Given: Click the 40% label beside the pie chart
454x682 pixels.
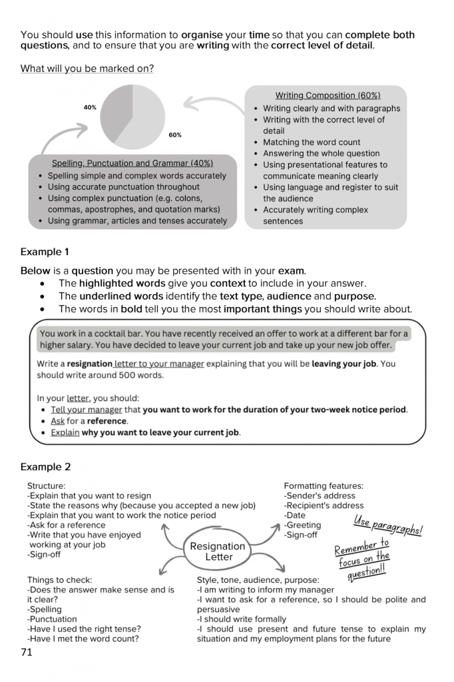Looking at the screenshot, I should (90, 107).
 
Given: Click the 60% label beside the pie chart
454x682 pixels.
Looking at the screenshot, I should (175, 135).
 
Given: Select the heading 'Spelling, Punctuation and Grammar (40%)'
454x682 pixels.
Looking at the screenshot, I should (132, 164).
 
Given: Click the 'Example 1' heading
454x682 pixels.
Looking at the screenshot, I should (45, 252).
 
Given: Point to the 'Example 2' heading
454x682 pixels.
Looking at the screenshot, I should (45, 467).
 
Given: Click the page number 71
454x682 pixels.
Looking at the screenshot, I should (27, 652).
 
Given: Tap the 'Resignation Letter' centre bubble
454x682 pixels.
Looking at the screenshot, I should (218, 551).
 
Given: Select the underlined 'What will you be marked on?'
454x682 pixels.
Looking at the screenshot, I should (87, 69).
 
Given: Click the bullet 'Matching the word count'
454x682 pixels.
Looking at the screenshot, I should (312, 143).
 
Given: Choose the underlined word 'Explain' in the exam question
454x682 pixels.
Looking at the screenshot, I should (65, 432).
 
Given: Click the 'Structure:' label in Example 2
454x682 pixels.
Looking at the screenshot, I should (47, 486).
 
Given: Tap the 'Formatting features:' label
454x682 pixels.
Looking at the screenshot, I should (324, 486).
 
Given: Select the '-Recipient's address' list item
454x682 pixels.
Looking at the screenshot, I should (324, 506).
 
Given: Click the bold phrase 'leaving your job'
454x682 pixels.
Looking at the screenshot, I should (343, 364).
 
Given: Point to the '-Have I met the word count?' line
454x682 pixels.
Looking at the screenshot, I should (83, 639).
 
